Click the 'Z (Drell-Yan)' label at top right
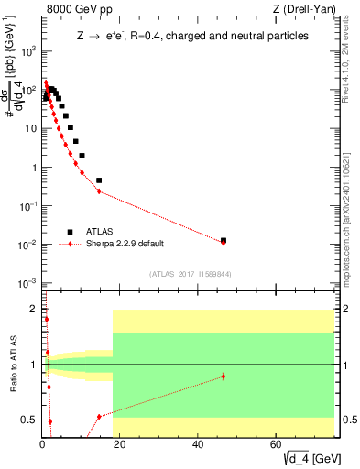[x=305, y=10]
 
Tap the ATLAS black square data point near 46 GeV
[x=224, y=240]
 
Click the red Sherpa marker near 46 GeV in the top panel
[x=224, y=243]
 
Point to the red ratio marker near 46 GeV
[x=224, y=376]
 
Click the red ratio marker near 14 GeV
[x=99, y=416]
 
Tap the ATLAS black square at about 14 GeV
[x=99, y=180]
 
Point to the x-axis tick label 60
[x=277, y=444]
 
